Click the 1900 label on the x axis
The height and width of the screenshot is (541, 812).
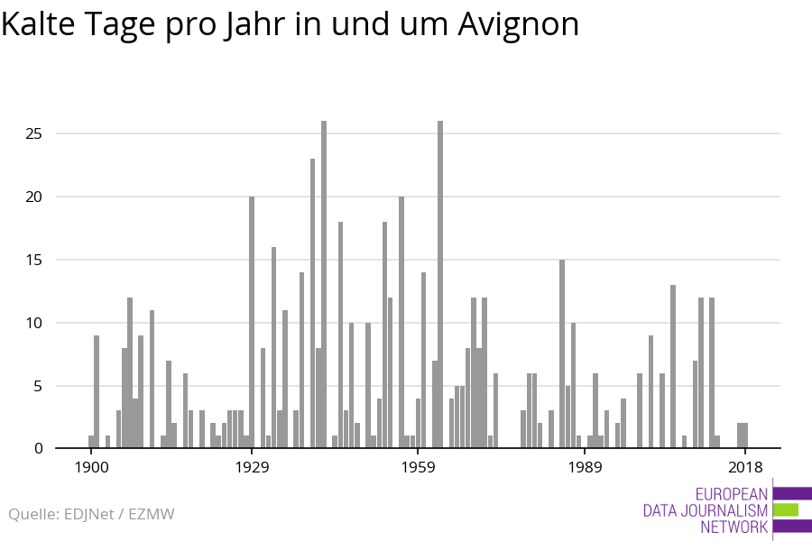(91, 467)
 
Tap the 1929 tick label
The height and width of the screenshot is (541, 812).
(252, 467)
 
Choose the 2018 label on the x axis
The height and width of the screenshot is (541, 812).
(745, 467)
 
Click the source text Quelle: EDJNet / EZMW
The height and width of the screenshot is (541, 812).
(91, 514)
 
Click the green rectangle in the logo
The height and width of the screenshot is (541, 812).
(786, 509)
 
